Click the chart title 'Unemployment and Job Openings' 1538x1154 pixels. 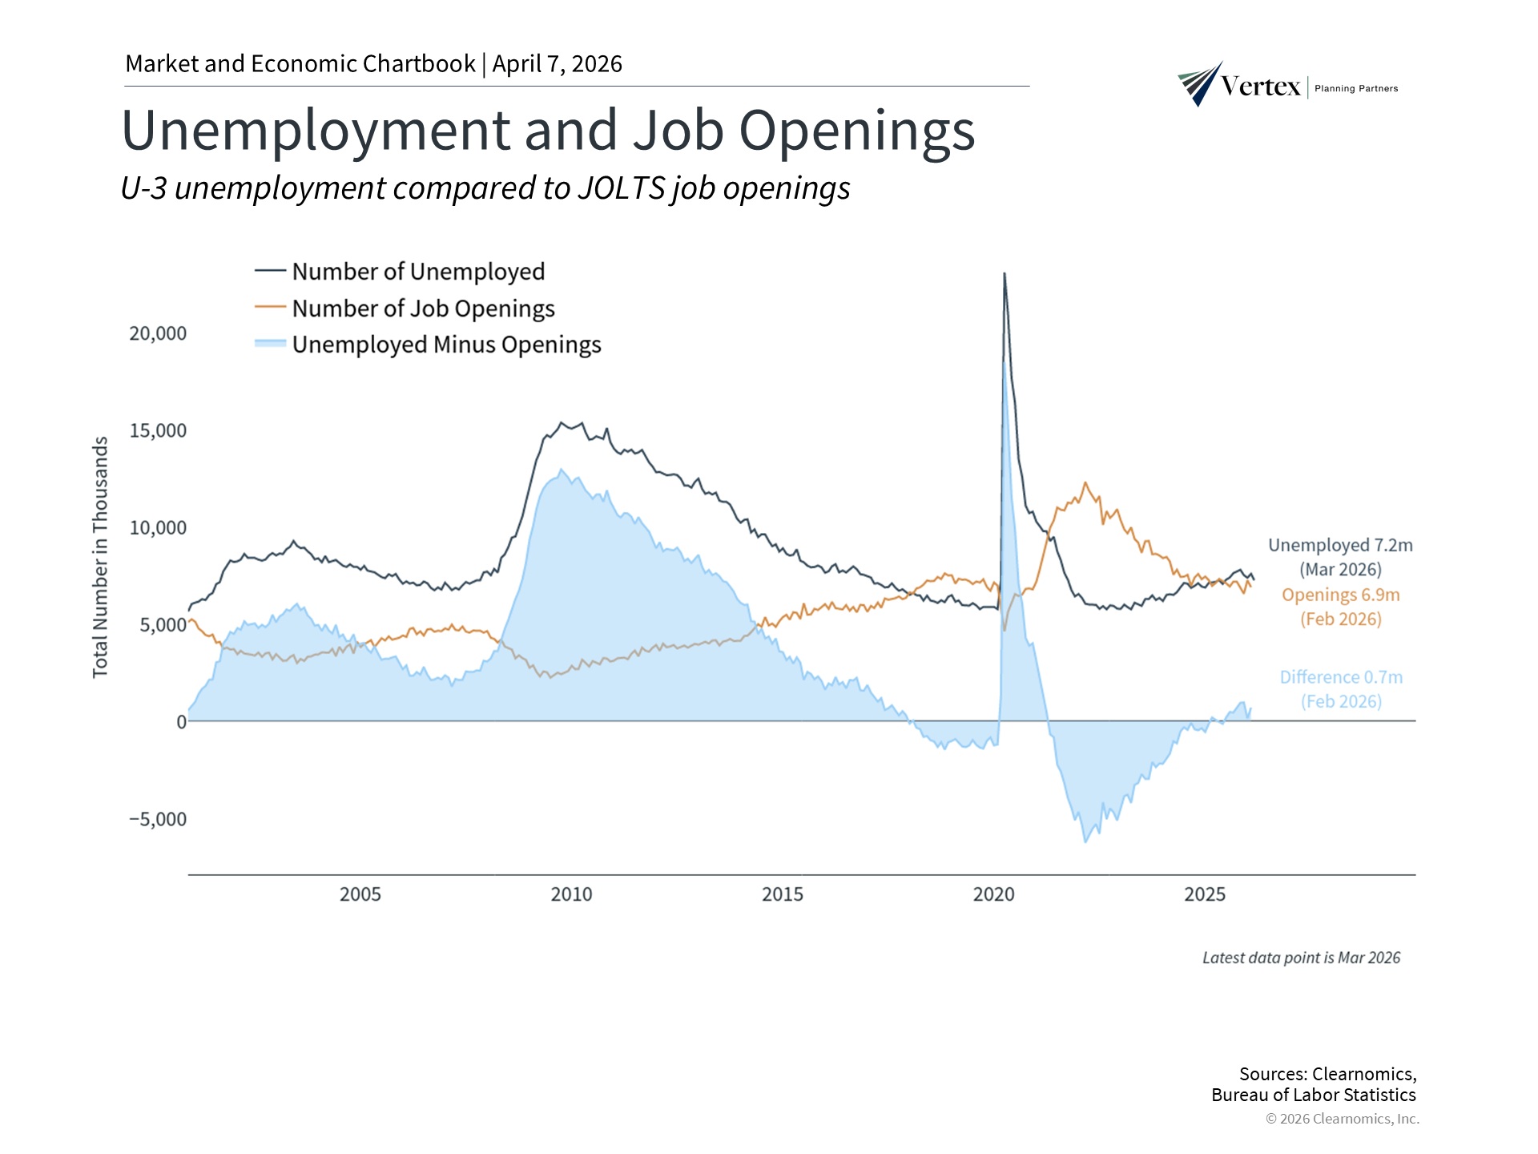[x=548, y=131]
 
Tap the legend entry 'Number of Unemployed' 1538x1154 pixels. [x=417, y=272]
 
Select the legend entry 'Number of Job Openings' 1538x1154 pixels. [x=423, y=309]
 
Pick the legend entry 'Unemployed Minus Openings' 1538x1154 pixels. [x=446, y=345]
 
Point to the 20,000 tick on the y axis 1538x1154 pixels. [x=158, y=333]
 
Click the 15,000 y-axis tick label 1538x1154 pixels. [x=158, y=430]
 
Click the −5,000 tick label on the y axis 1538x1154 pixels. [x=158, y=819]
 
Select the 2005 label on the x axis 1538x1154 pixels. [x=360, y=894]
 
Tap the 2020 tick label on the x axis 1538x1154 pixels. [x=993, y=894]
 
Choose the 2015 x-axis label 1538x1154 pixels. [x=783, y=894]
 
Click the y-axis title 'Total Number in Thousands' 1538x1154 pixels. [x=100, y=557]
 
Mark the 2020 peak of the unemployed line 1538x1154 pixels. [x=1005, y=274]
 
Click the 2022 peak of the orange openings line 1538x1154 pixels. [x=1085, y=482]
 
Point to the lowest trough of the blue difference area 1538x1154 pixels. [x=1085, y=841]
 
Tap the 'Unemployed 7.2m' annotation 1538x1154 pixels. [x=1340, y=546]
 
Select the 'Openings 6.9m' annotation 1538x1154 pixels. [x=1340, y=595]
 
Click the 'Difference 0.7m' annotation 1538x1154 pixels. [x=1341, y=678]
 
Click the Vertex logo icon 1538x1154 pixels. [x=1199, y=84]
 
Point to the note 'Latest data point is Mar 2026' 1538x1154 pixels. [x=1301, y=958]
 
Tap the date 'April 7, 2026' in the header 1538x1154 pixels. [x=558, y=64]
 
